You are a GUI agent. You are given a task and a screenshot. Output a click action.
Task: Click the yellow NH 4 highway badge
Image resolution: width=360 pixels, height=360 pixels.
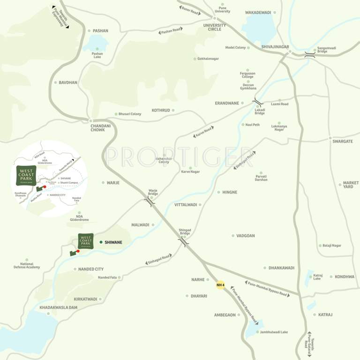[x=220, y=285]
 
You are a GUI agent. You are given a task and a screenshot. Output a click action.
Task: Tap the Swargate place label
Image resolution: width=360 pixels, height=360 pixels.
[x=342, y=141]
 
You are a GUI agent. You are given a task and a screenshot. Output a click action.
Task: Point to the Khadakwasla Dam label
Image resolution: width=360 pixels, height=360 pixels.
[x=59, y=307]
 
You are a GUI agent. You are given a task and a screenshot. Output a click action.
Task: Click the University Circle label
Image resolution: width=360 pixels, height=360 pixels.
[x=214, y=27]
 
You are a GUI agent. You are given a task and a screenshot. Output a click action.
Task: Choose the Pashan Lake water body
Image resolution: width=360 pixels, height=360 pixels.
[x=95, y=44]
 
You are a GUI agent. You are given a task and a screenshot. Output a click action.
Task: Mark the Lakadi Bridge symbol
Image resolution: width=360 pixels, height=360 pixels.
[x=258, y=102]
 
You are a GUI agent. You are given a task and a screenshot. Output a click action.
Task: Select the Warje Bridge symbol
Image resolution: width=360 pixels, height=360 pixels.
[x=149, y=202]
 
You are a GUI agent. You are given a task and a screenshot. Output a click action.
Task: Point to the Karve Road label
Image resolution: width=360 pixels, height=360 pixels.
[x=203, y=132]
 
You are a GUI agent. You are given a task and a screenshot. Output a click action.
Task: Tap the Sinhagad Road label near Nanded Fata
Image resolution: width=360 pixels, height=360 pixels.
[x=158, y=259]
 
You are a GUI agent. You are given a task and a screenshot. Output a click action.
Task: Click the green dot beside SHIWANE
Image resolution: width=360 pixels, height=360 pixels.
[x=101, y=242]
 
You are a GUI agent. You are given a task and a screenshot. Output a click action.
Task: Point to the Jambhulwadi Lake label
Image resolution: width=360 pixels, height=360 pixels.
[x=274, y=332]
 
